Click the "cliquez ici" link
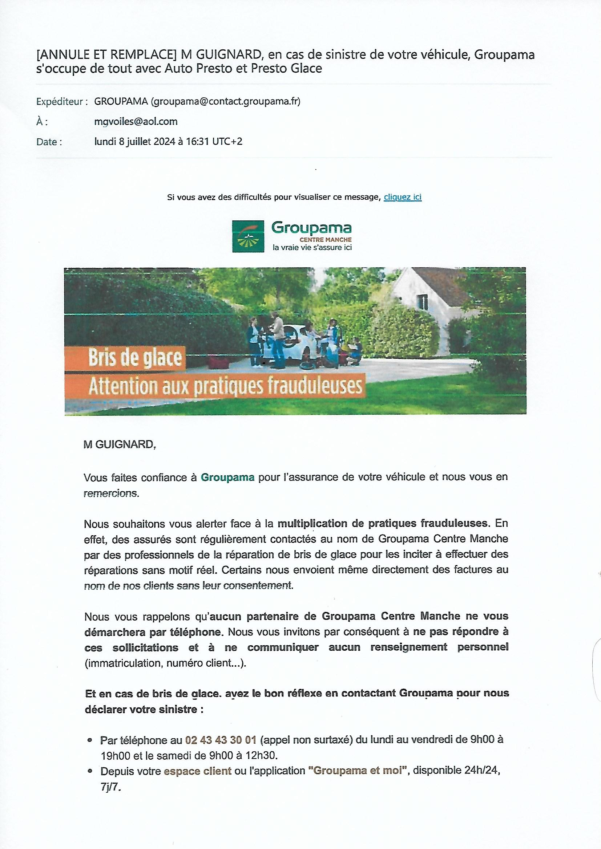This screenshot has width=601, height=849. (x=402, y=197)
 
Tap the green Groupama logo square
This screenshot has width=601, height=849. (x=247, y=236)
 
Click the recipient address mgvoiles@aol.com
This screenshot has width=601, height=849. (x=136, y=121)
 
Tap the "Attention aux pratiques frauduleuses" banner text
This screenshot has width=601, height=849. (x=225, y=386)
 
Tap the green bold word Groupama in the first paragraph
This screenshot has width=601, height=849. (x=227, y=477)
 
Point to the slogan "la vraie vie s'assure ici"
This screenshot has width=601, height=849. (x=312, y=247)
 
